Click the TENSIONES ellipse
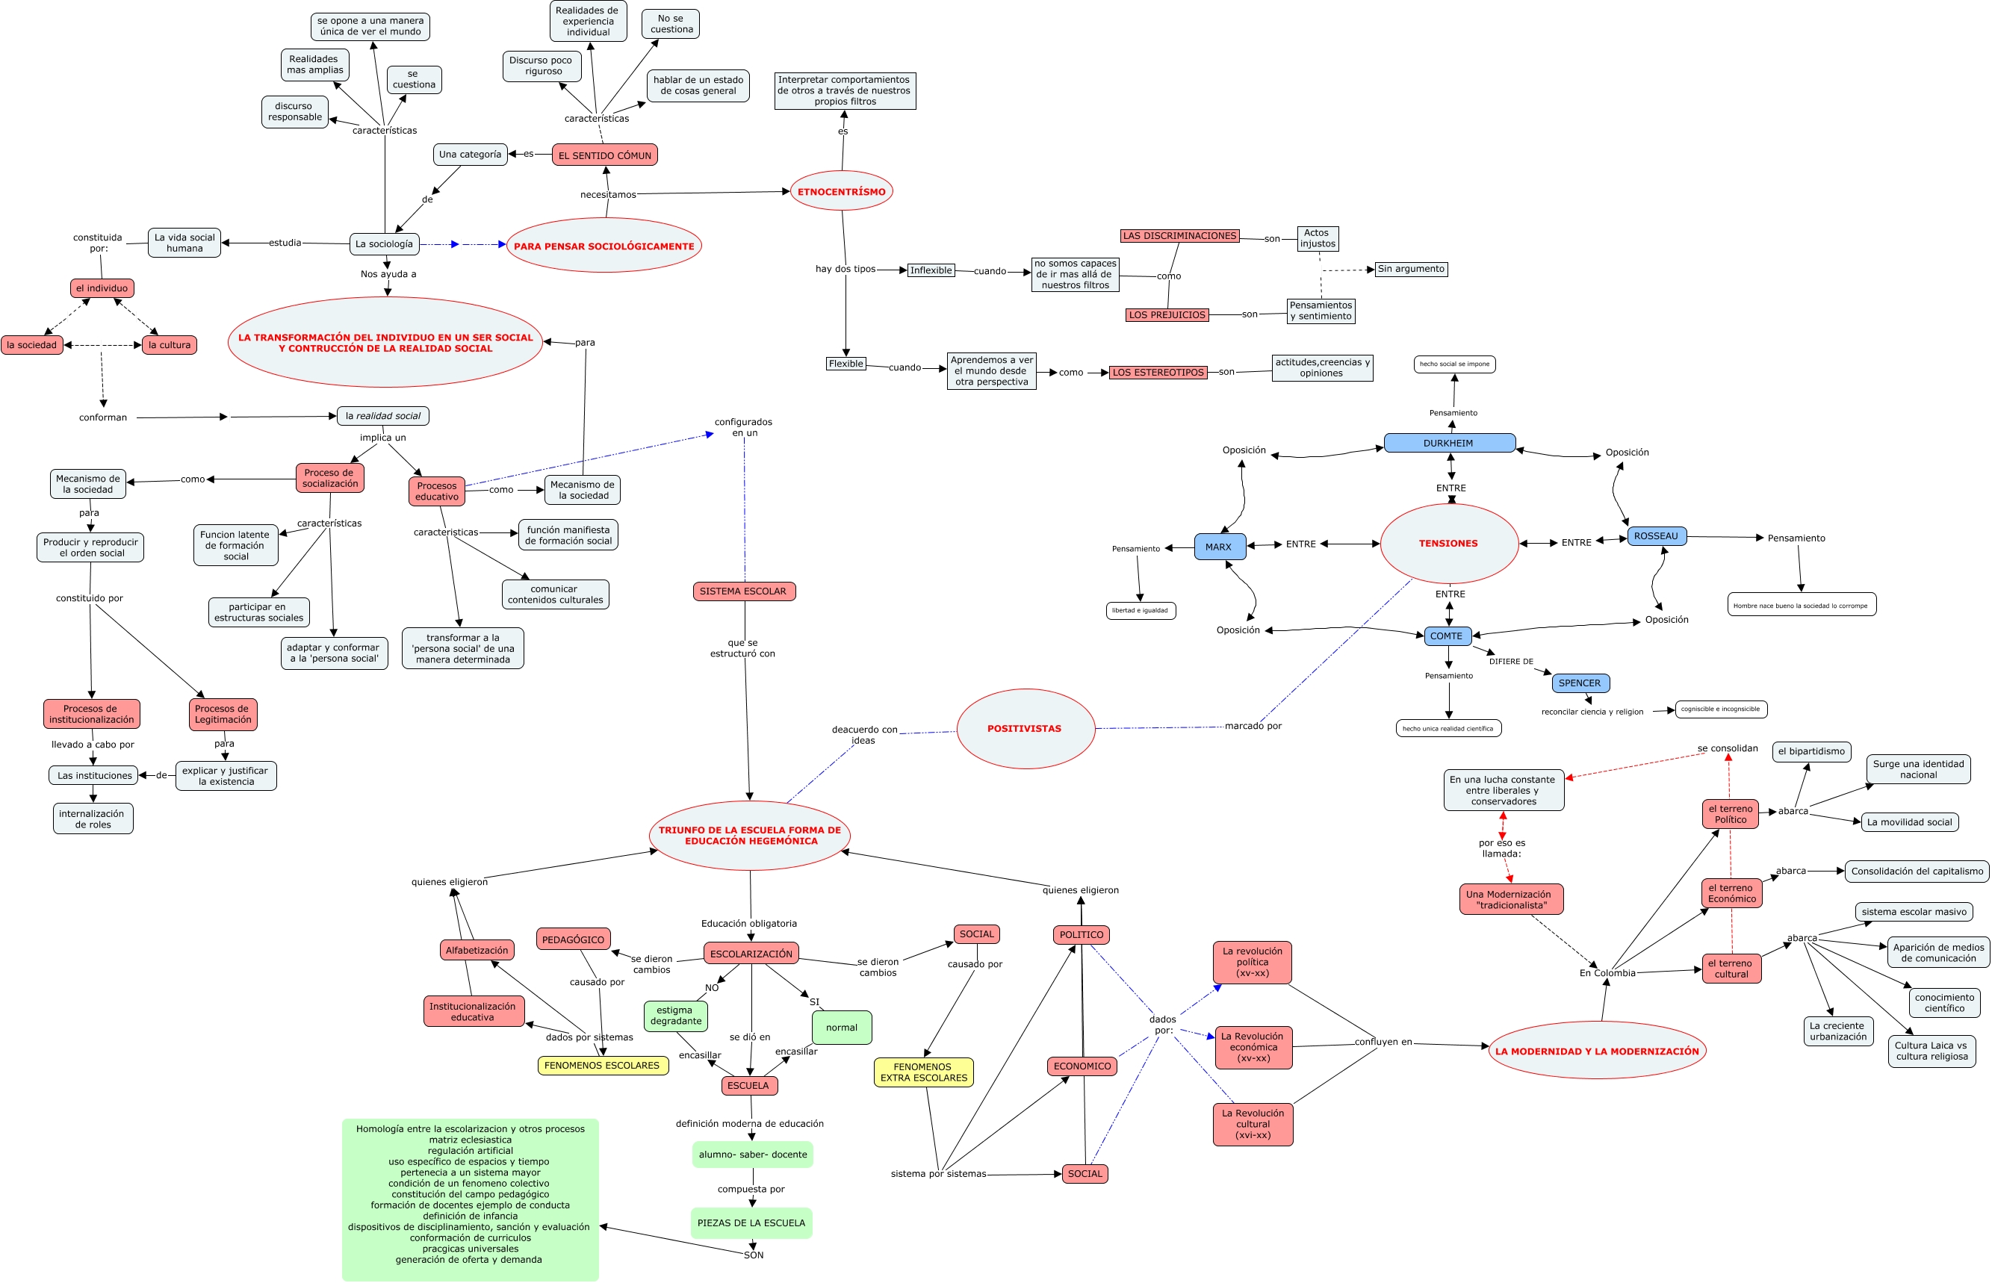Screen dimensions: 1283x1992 (x=1449, y=543)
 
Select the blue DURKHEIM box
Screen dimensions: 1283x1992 (x=1449, y=443)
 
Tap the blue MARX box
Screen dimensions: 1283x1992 (x=1219, y=547)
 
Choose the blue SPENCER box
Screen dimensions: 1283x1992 (x=1580, y=683)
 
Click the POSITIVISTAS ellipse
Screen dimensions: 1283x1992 (x=1025, y=729)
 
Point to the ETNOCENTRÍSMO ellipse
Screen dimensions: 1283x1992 (x=842, y=192)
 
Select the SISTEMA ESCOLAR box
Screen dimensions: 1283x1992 (x=743, y=591)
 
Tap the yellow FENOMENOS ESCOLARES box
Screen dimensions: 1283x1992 (x=601, y=1066)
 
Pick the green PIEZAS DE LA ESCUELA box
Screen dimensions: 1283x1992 (x=751, y=1223)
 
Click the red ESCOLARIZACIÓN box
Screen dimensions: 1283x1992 (x=751, y=954)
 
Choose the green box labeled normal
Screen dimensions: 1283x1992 (x=842, y=1028)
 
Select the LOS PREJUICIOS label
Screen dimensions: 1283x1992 (x=1167, y=315)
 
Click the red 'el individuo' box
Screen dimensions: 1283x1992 (x=102, y=288)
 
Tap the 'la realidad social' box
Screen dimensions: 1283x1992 (x=382, y=416)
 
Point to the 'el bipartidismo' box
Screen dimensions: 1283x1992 (x=1811, y=751)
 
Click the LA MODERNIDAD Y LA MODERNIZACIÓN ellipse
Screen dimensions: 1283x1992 (x=1597, y=1051)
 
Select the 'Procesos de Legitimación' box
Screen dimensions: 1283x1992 (x=223, y=714)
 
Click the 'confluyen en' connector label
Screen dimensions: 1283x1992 (x=1383, y=1041)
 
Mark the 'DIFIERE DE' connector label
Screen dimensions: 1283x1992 (x=1511, y=662)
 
